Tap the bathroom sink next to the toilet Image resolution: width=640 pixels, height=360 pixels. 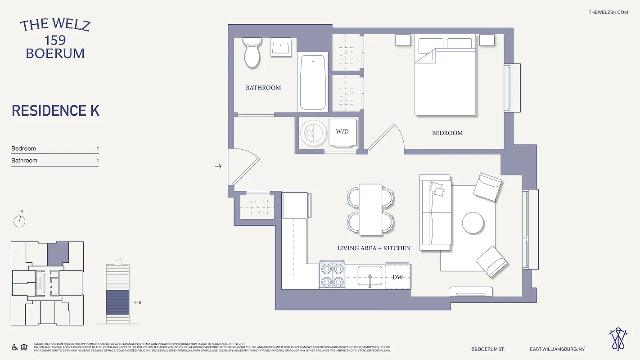pos(283,47)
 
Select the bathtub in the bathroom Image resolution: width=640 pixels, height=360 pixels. pos(312,82)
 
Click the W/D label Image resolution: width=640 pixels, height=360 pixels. pos(342,132)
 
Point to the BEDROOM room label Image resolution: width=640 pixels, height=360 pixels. pos(447,133)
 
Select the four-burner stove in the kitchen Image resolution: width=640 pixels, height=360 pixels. pos(332,275)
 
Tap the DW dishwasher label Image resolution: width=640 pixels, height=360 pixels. pos(397,277)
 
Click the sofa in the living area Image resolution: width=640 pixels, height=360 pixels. pos(435,212)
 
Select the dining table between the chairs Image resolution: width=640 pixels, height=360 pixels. pos(370,209)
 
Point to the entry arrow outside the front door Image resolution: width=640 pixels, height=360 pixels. pos(218,166)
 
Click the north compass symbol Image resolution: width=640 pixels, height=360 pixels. pos(20,220)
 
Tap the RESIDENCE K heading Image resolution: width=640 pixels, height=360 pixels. pos(55,111)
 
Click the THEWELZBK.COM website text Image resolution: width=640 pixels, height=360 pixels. pos(608,12)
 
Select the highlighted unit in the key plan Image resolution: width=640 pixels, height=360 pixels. pos(58,253)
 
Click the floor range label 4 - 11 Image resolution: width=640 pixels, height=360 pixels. pos(138,303)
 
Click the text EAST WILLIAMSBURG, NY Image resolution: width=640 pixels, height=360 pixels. pos(557,349)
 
